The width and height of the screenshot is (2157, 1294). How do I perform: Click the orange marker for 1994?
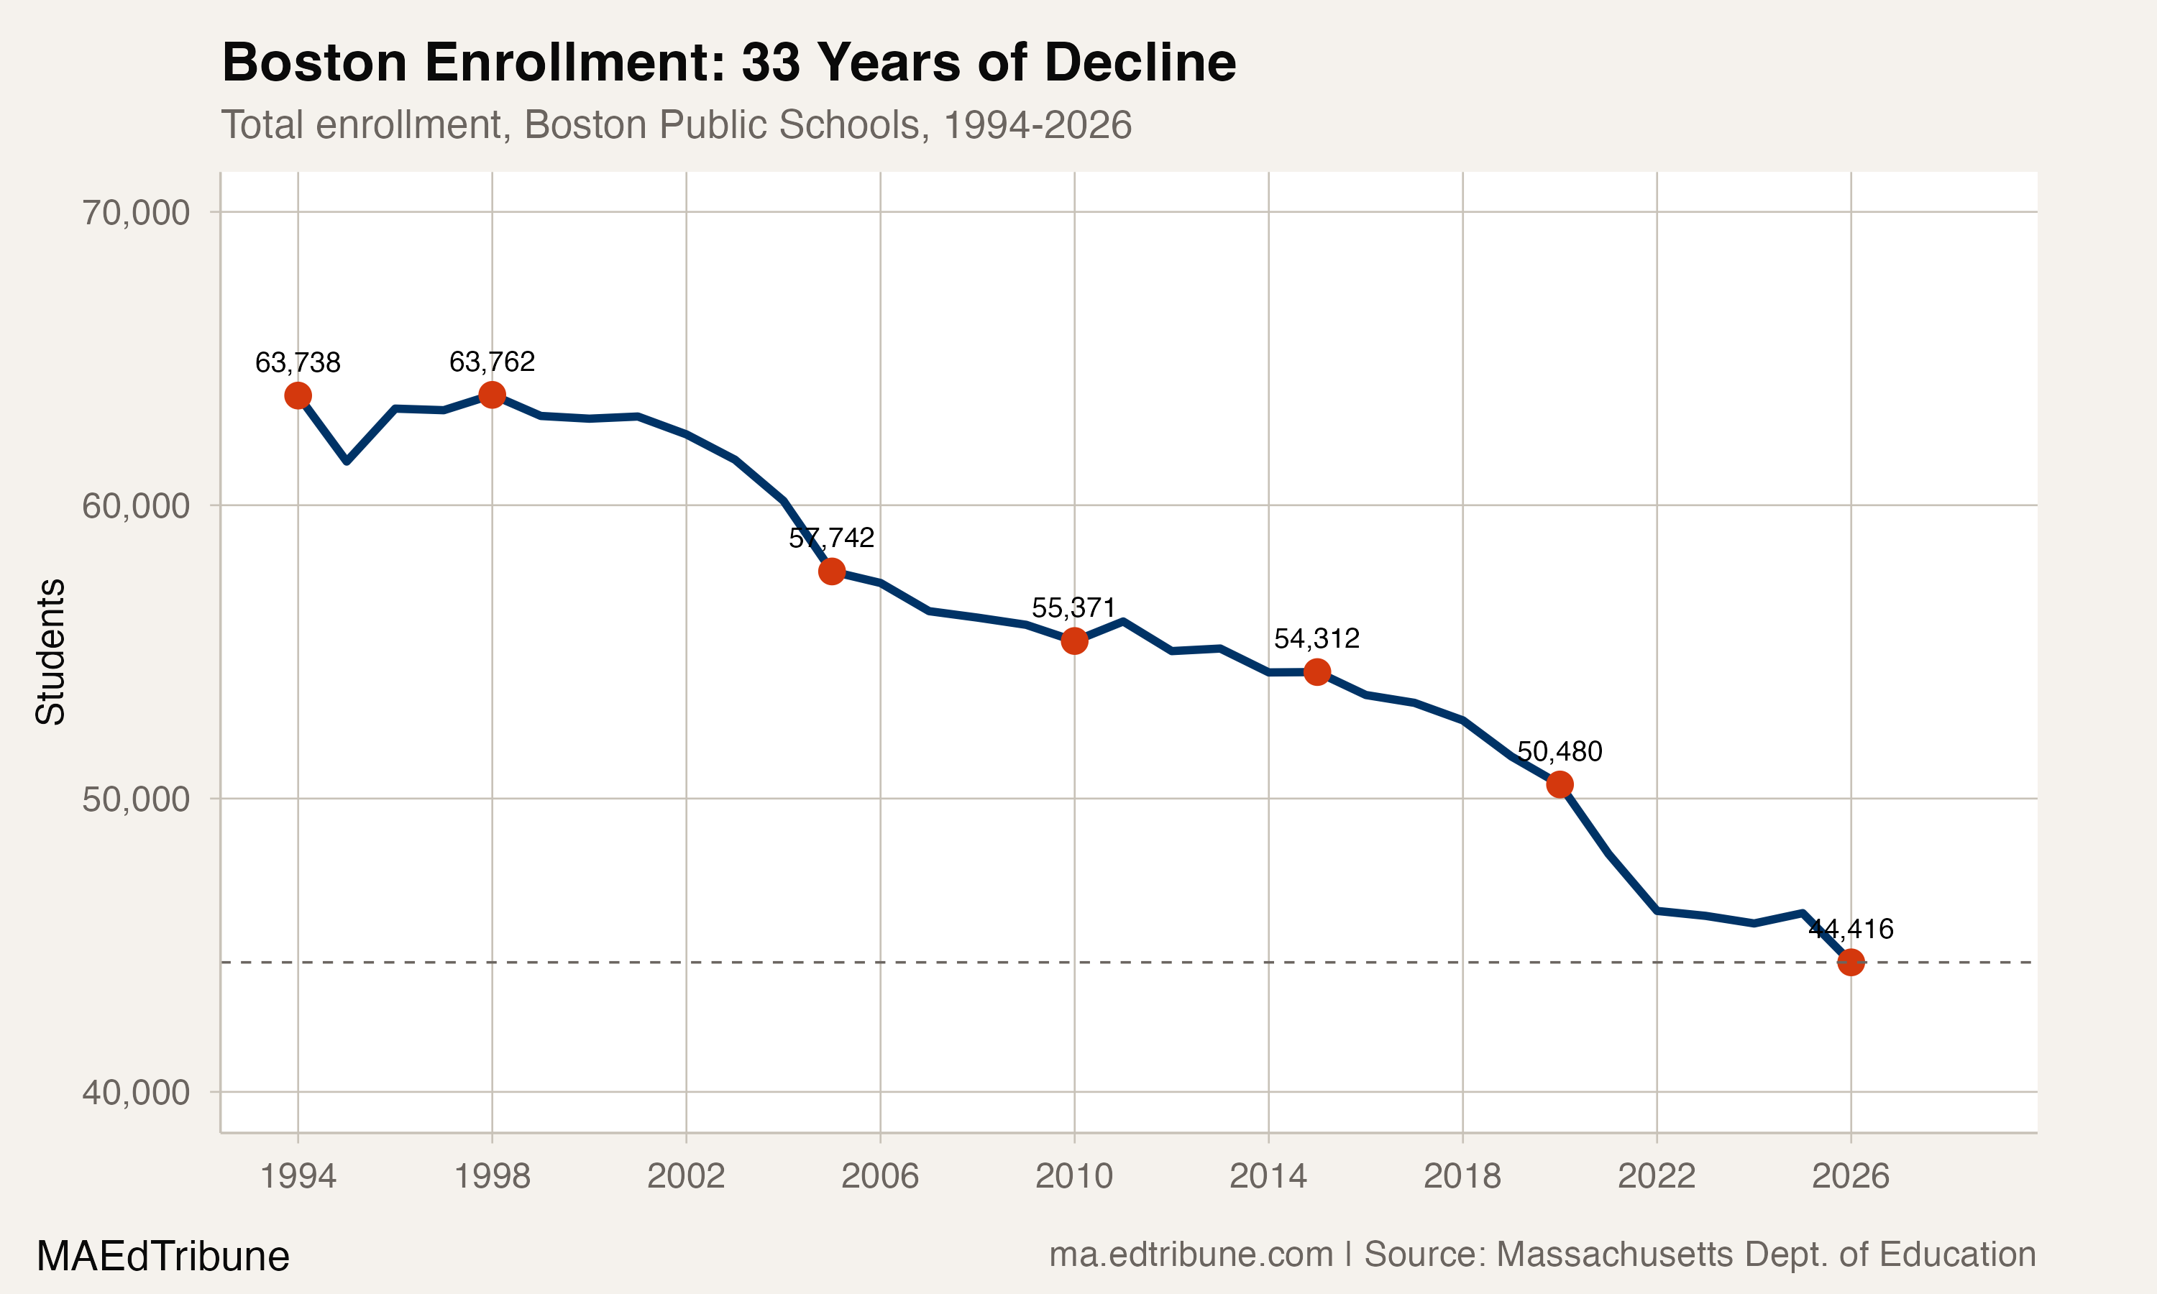coord(298,396)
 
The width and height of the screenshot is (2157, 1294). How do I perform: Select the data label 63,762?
coord(492,361)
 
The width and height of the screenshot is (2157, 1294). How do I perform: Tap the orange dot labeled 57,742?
coord(832,571)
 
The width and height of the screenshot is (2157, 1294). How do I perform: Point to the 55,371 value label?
coord(1073,607)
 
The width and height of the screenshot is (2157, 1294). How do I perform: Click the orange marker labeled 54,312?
coord(1316,671)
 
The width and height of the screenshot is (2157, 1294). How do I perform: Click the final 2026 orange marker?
coord(1850,963)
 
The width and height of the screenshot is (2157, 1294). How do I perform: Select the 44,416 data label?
coord(1850,929)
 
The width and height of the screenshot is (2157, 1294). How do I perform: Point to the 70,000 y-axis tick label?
coord(136,212)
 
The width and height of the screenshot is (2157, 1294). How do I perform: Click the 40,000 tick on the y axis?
coord(136,1092)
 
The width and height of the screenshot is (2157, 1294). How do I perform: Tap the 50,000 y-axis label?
coord(136,799)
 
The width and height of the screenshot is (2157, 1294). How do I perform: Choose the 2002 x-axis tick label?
coord(686,1176)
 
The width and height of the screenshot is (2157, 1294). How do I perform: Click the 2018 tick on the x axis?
coord(1462,1176)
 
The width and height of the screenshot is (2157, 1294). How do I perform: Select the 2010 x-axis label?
coord(1074,1176)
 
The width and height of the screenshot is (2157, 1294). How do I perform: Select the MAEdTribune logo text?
coord(163,1256)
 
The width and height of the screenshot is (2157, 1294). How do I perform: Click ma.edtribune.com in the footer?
coord(1191,1254)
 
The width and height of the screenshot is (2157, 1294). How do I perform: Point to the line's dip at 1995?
coord(347,460)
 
